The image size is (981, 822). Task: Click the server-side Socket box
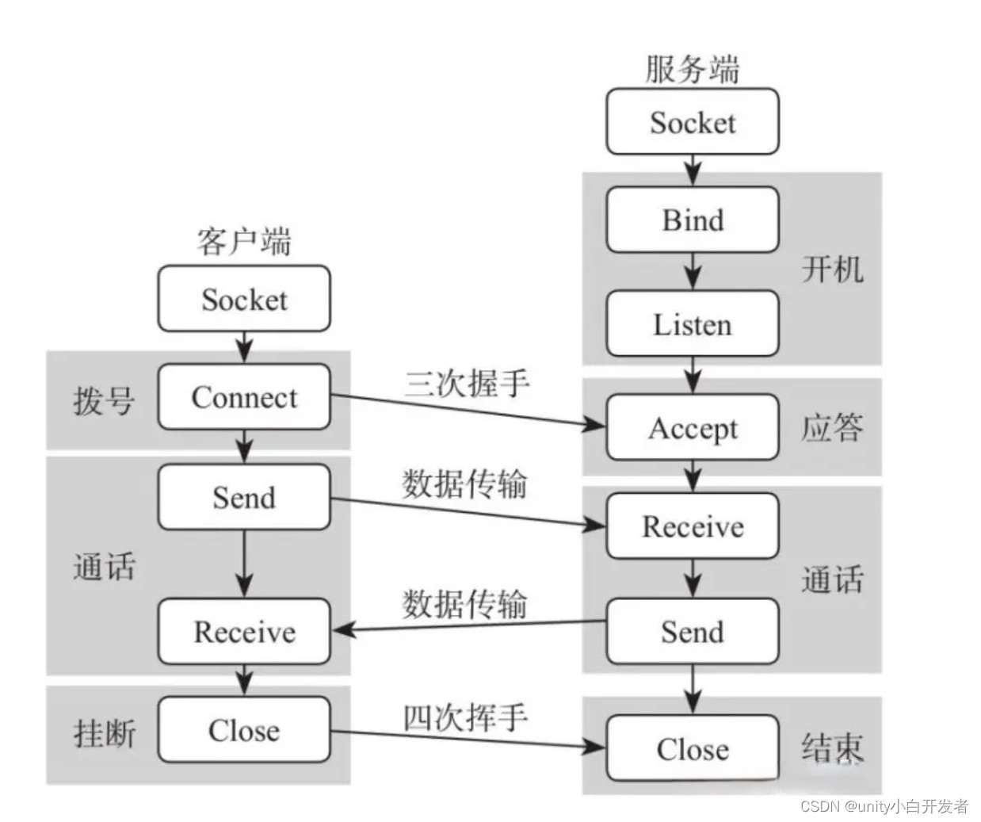click(x=693, y=122)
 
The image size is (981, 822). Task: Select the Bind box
click(x=693, y=220)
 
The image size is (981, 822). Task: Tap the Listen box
click(x=693, y=323)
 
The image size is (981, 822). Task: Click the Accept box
click(x=693, y=427)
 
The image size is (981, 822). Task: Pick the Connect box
click(x=244, y=397)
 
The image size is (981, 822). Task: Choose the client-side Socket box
click(x=244, y=299)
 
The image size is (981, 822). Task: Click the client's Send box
click(x=244, y=497)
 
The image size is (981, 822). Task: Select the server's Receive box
click(x=693, y=526)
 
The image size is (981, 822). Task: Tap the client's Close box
click(x=244, y=730)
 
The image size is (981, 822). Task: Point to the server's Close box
click(x=693, y=748)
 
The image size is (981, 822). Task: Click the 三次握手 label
click(x=467, y=383)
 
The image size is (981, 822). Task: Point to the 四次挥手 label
click(x=465, y=718)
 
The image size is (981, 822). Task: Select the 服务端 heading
click(x=692, y=69)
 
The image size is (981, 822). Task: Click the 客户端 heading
click(x=244, y=241)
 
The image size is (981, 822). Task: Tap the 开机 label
click(x=832, y=270)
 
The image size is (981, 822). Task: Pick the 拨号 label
click(x=104, y=400)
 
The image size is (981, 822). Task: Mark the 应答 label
click(x=832, y=427)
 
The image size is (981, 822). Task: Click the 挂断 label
click(x=104, y=733)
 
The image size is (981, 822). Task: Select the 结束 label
click(x=832, y=747)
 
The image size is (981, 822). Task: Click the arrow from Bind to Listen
click(x=693, y=271)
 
